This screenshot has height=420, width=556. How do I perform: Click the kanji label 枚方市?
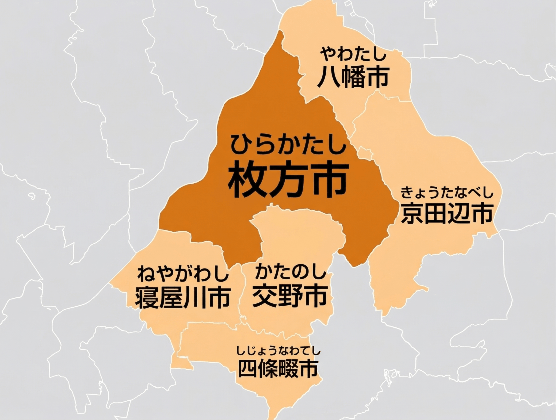[x=288, y=180]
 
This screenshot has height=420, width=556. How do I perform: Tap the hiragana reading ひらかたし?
[x=288, y=144]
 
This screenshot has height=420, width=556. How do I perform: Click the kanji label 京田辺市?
[x=447, y=214]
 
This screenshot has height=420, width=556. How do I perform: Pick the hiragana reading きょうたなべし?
[x=447, y=192]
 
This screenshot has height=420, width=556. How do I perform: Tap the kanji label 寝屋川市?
[x=183, y=297]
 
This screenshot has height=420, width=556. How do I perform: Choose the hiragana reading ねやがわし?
[x=183, y=274]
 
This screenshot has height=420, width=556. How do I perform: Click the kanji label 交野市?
[x=290, y=296]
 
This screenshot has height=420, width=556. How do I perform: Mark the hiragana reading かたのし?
[x=290, y=273]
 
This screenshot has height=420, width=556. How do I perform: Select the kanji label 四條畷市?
[x=278, y=369]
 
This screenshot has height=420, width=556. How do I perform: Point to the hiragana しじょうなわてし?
[x=278, y=350]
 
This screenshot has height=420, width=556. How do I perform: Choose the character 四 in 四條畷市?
[x=247, y=369]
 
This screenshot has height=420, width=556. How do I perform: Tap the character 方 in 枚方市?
[x=288, y=180]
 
